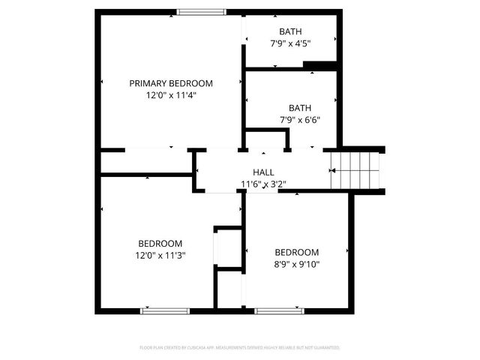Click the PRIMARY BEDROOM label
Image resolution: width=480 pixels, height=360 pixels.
click(x=170, y=83)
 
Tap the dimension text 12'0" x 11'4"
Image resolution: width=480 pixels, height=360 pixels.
click(x=170, y=95)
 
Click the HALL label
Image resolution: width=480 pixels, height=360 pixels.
click(x=263, y=172)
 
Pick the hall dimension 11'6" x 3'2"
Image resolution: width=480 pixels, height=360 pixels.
click(x=263, y=184)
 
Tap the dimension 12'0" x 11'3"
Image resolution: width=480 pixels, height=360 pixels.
click(x=160, y=256)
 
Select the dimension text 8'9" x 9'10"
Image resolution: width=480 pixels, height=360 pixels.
click(x=296, y=264)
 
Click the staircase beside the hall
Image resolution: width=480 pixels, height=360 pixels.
click(x=357, y=170)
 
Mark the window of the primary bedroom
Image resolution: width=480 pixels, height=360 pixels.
click(x=201, y=11)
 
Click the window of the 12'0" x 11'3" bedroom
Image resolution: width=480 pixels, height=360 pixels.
click(x=164, y=310)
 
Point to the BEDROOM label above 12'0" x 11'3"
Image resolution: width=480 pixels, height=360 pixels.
click(x=160, y=244)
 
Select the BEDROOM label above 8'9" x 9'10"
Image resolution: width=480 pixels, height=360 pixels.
click(x=296, y=252)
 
